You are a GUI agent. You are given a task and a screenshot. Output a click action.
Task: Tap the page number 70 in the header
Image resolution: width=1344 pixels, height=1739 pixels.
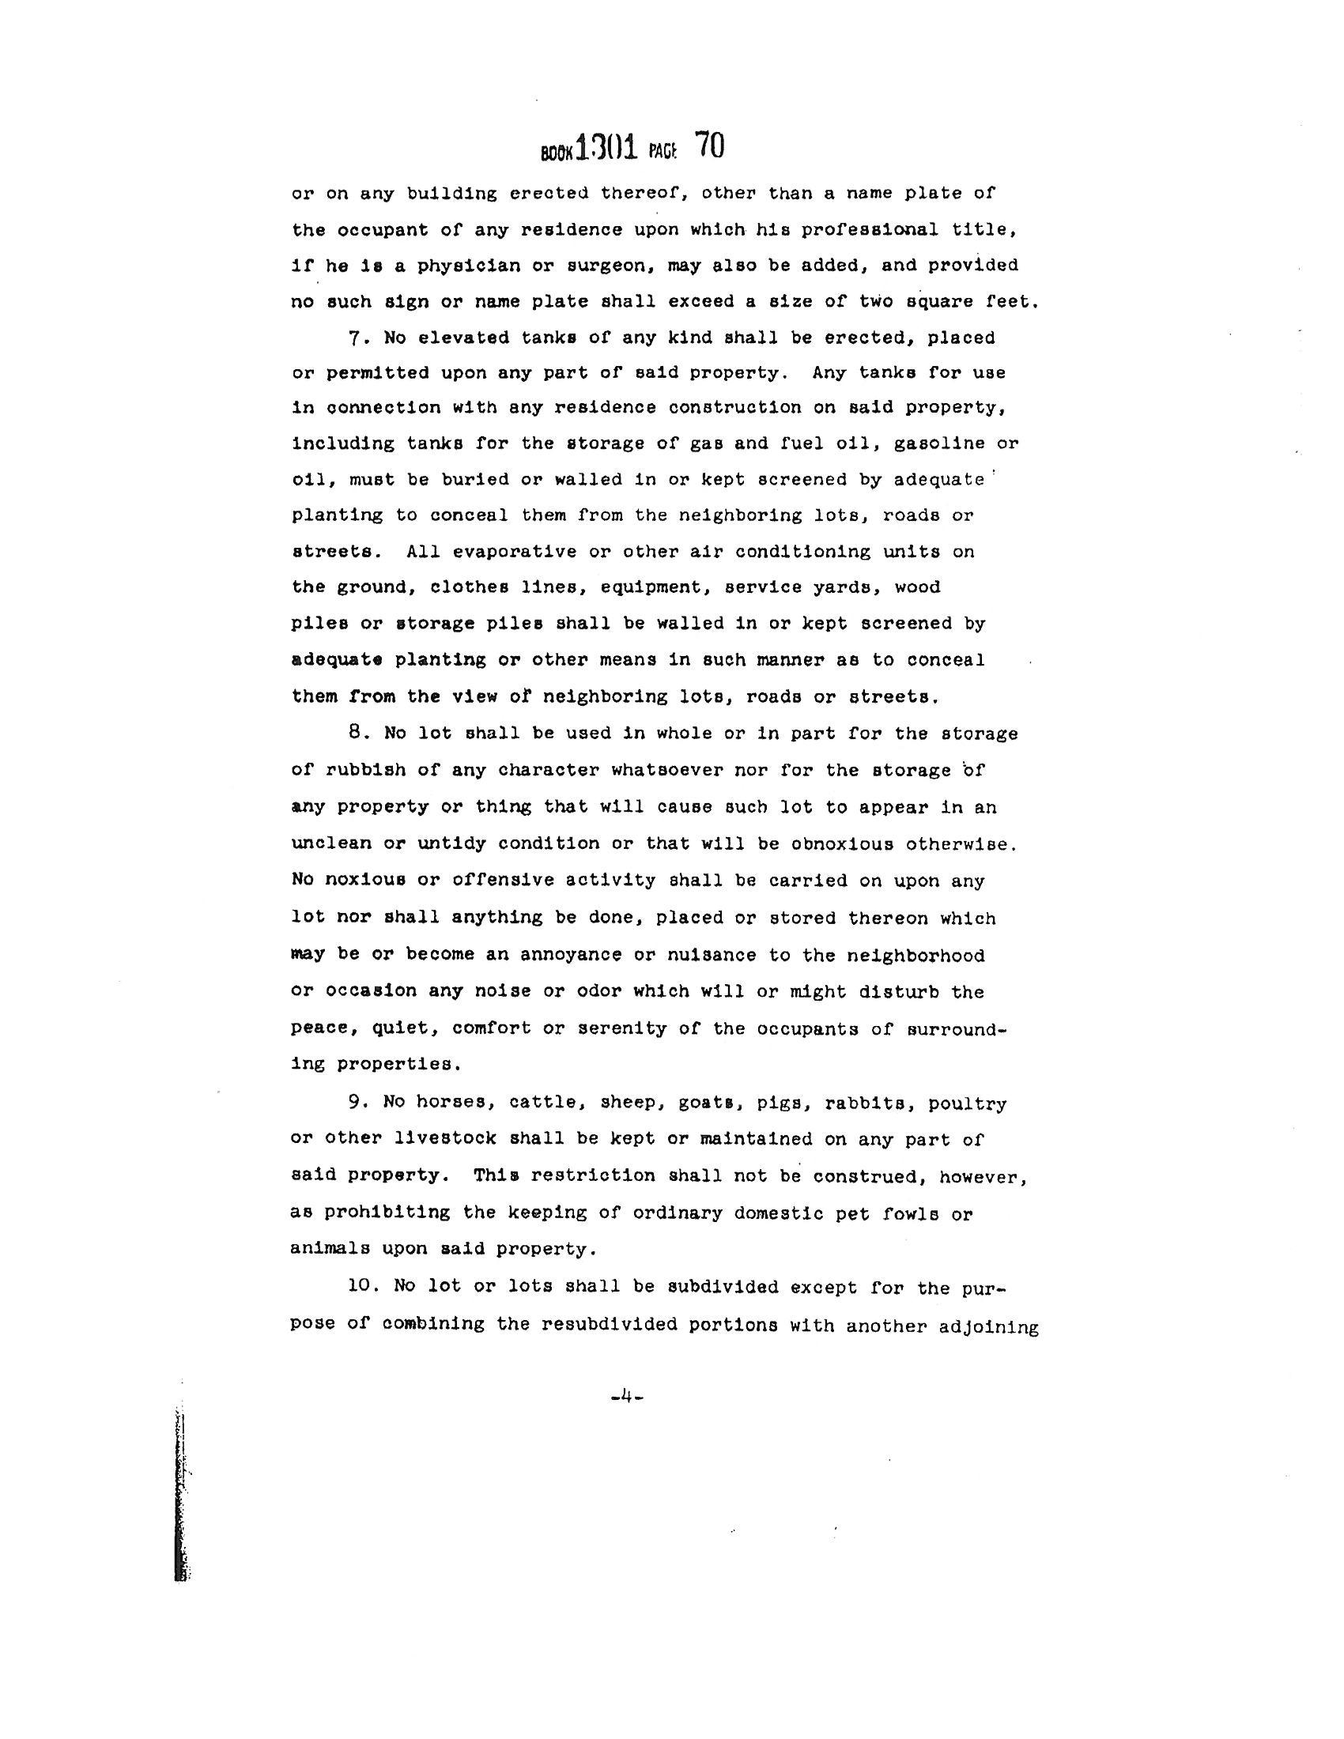(708, 146)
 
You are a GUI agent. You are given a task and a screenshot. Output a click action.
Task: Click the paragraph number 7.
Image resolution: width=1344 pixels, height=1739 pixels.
(356, 338)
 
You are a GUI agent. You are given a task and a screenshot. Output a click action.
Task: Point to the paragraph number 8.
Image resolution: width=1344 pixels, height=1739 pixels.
(356, 733)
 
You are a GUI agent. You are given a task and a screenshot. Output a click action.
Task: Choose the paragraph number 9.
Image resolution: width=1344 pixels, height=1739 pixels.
(356, 1103)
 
